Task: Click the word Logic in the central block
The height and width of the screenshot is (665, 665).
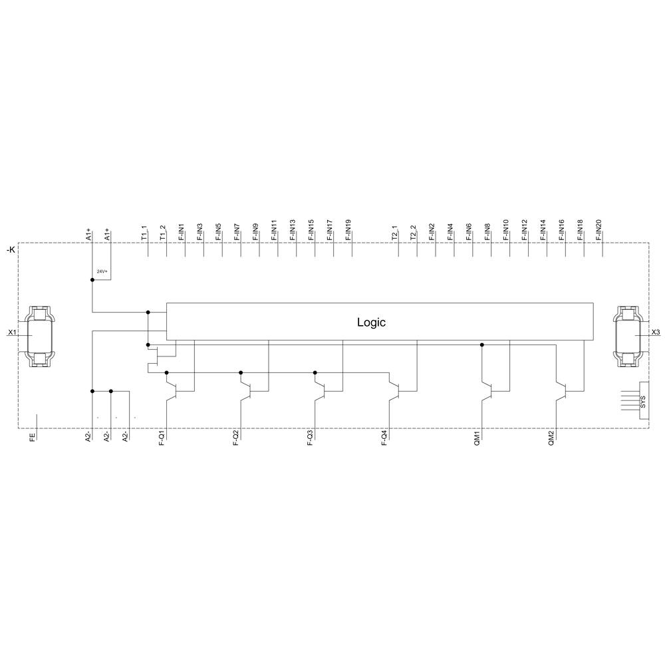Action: (371, 323)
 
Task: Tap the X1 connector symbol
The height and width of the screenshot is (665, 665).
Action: (40, 336)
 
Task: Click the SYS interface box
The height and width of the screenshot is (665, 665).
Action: (643, 401)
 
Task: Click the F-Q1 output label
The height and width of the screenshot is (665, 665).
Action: (163, 440)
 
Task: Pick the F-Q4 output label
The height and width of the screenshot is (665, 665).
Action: (386, 440)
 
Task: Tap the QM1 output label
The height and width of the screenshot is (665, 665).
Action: (477, 439)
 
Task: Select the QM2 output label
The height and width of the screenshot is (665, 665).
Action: (552, 439)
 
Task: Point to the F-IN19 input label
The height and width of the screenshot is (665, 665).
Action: (349, 229)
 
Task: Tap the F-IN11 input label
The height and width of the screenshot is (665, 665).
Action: (275, 229)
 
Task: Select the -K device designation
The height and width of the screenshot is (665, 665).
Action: (10, 250)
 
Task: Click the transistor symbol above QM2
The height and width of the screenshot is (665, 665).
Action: (562, 388)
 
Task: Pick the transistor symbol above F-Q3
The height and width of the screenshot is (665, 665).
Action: (320, 388)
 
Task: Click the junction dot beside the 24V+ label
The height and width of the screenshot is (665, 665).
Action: (92, 280)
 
